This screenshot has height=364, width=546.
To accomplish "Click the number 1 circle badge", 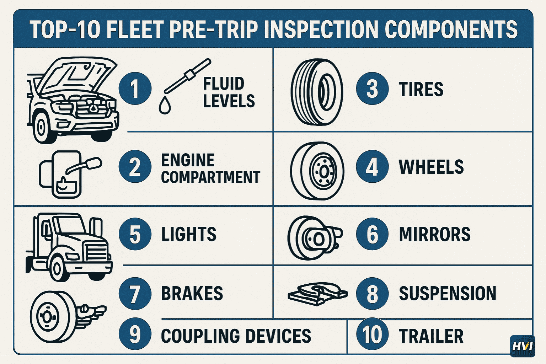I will pos(135,89).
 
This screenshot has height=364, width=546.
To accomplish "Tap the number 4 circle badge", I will pos(372,167).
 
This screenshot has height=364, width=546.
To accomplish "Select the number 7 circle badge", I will pos(135,294).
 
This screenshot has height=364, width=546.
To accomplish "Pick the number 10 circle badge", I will pos(372,335).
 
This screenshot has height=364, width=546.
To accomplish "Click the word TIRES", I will pos(421,89).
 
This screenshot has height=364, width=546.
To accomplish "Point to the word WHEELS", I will pos(431,167).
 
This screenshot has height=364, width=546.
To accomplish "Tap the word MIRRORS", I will pos(435,235).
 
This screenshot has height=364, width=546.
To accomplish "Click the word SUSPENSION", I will pos(448,294).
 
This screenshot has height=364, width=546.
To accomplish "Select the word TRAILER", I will pos(431,336).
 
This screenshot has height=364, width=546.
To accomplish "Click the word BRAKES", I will pos(192,294).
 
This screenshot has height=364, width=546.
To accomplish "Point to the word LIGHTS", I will pos(189,235).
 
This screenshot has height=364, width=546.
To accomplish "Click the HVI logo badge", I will pos(522,346).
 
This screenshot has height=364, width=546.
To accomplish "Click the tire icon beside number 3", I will pos(317,92).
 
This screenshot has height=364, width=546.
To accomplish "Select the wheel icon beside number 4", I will pos(317,171).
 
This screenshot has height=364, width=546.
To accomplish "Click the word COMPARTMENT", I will pos(210,177).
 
